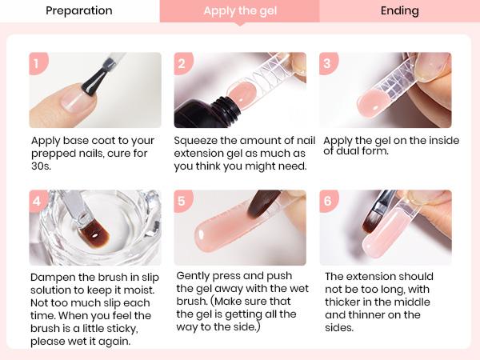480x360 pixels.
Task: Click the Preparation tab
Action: pos(79,11)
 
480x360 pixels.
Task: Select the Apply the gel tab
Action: pos(239,11)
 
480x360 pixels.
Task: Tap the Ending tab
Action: pos(399,11)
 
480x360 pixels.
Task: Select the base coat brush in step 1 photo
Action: pos(100,76)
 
